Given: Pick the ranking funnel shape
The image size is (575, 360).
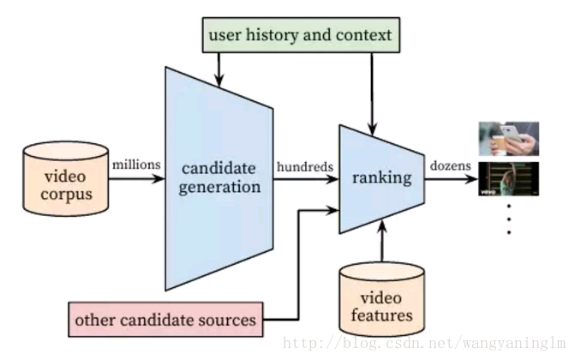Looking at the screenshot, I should click(381, 178).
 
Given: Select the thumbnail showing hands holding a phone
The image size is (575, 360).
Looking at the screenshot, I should click(508, 138).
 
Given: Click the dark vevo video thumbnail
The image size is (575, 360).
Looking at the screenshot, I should click(508, 180).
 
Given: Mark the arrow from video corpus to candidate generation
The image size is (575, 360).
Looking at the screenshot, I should click(137, 179).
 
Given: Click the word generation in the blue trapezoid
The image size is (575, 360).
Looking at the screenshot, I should click(219, 187).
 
